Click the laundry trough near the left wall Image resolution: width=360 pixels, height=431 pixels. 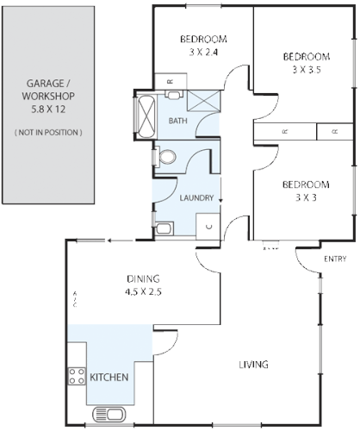[x=164, y=228]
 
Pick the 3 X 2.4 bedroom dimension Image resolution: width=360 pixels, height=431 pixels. [x=203, y=51]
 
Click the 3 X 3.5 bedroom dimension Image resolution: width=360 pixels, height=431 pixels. [x=306, y=70]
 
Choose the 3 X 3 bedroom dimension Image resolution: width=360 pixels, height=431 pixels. [x=306, y=197]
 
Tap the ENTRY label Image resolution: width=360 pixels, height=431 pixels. [x=335, y=259]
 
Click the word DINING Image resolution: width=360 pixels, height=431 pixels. [x=143, y=278]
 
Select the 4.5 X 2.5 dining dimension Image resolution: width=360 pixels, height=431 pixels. [x=143, y=292]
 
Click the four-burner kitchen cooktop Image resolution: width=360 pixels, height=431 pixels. [x=75, y=376]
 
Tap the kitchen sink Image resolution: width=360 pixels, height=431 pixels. [x=108, y=414]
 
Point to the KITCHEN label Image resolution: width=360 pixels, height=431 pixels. [x=109, y=378]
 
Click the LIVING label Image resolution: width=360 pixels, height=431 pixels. [x=253, y=365]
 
